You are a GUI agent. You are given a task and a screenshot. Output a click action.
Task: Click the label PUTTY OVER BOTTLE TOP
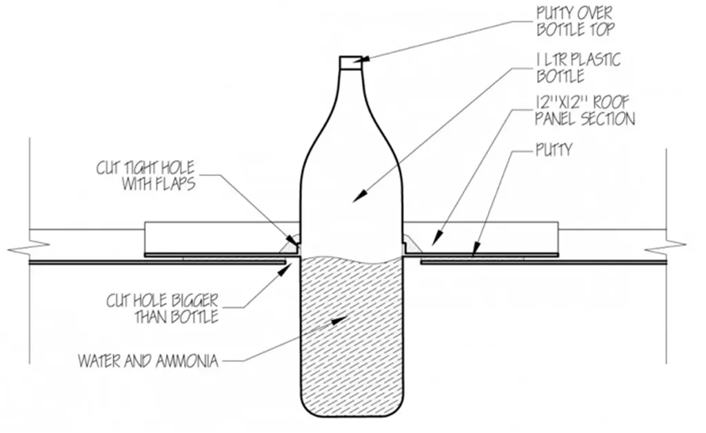coord(575,21)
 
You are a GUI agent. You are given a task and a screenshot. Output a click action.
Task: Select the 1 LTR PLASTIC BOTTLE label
coord(578,68)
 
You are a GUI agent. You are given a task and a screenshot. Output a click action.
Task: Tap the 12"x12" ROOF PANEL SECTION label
coord(585,111)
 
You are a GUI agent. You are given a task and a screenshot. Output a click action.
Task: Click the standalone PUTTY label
coord(554,150)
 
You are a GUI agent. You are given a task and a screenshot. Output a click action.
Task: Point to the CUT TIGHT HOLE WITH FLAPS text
coord(145,176)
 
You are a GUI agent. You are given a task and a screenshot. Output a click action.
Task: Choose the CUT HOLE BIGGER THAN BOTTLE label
coord(162,308)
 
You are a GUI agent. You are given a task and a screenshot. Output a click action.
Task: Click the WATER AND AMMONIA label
coord(148,361)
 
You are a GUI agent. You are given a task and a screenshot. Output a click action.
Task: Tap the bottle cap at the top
coord(350,62)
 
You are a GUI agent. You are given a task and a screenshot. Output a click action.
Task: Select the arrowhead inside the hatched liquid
coord(339,319)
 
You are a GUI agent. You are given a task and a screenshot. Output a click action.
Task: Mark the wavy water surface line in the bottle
coord(352,259)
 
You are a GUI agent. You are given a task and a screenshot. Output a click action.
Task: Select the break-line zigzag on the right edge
coord(665,245)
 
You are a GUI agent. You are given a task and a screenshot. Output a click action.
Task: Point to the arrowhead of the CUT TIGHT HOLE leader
coord(294,241)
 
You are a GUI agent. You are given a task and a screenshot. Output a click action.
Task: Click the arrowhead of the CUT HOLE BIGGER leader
coord(283,269)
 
